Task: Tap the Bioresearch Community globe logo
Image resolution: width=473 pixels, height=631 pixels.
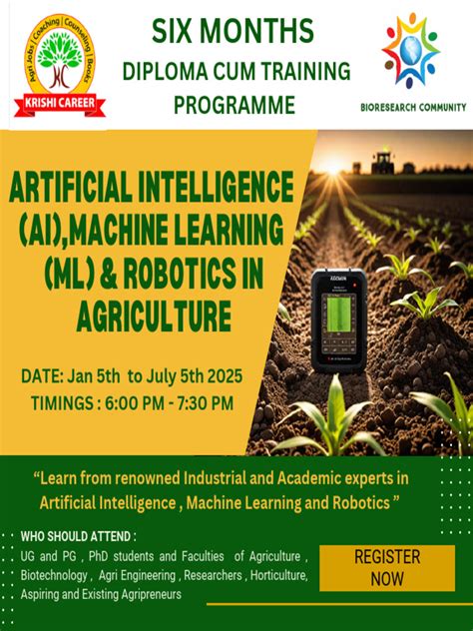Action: click(x=410, y=50)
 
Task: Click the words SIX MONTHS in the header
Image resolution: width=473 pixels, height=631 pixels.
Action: click(x=233, y=32)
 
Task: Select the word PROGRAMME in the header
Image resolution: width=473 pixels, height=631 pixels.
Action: click(x=235, y=104)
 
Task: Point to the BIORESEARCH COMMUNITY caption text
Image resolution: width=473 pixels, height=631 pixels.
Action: click(x=413, y=107)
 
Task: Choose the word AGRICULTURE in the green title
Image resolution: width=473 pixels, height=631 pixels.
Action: click(x=152, y=318)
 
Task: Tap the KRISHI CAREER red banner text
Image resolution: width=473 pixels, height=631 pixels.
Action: click(x=61, y=103)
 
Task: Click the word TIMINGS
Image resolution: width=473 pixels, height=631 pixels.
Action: click(x=62, y=402)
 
